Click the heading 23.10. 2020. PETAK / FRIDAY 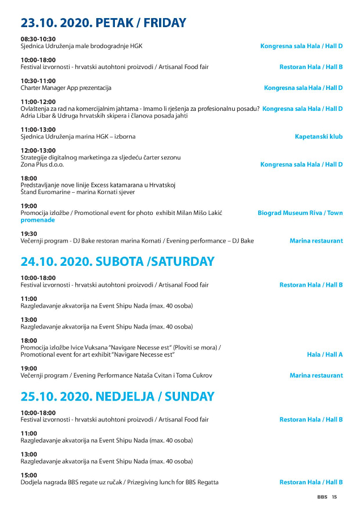[x=103, y=23]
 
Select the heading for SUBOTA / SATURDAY [x=117, y=262]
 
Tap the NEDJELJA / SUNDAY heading [x=117, y=396]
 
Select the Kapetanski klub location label [x=319, y=136]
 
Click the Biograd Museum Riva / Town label [x=300, y=213]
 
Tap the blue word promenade [x=37, y=220]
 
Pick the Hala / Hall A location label [x=325, y=355]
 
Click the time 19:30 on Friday [x=29, y=234]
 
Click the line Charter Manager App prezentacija [x=66, y=88]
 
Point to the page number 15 [x=335, y=498]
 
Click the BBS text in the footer [x=322, y=498]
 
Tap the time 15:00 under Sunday [x=29, y=475]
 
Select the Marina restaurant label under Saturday [x=316, y=376]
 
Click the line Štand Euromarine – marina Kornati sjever [x=78, y=192]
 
